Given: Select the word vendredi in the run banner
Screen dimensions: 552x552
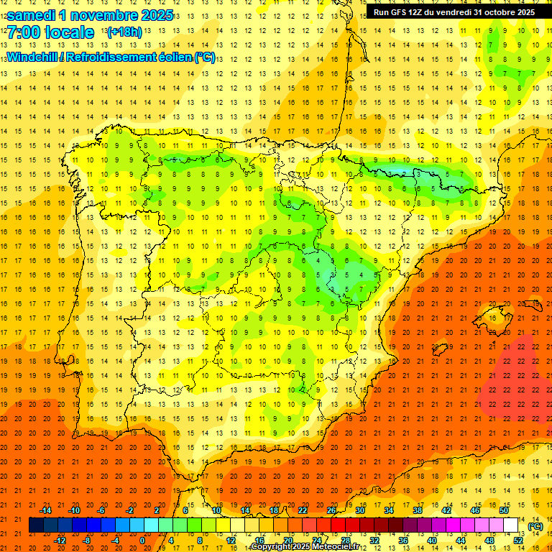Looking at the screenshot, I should pyautogui.click(x=454, y=12).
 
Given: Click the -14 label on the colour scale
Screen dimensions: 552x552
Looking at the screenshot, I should pyautogui.click(x=46, y=510).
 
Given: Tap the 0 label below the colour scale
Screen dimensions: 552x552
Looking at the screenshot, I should pyautogui.click(x=142, y=540).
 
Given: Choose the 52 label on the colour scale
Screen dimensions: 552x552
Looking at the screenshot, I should pyautogui.click(x=518, y=540).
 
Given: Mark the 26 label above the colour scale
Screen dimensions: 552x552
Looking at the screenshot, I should pyautogui.click(x=331, y=510).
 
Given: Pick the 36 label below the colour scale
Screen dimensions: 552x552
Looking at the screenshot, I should pyautogui.click(x=403, y=540).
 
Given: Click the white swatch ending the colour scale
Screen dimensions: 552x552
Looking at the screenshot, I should pyautogui.click(x=511, y=525).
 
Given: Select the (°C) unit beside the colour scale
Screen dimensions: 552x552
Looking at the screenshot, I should pyautogui.click(x=535, y=526).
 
